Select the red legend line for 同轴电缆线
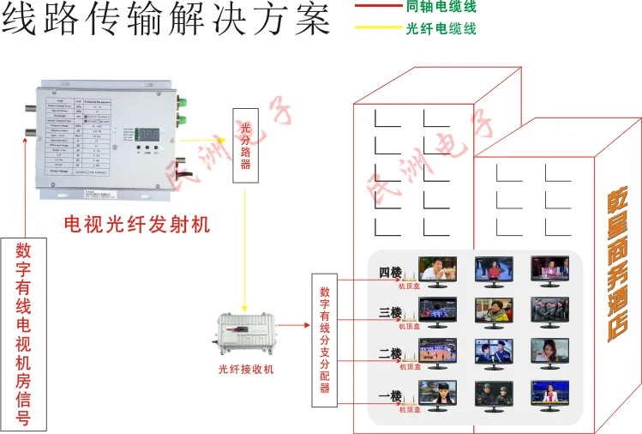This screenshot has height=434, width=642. tap(377, 7)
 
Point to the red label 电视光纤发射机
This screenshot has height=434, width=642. tap(137, 225)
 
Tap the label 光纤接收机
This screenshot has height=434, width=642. tap(246, 369)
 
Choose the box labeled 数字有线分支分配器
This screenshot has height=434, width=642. tap(325, 340)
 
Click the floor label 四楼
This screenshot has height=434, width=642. tap(390, 273)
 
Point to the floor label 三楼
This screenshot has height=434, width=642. tap(390, 313)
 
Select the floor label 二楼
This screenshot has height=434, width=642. tap(390, 353)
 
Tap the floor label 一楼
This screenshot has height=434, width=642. tap(390, 395)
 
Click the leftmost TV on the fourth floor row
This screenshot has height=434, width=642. tap(437, 269)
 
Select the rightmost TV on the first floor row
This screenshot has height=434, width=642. tap(549, 394)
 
